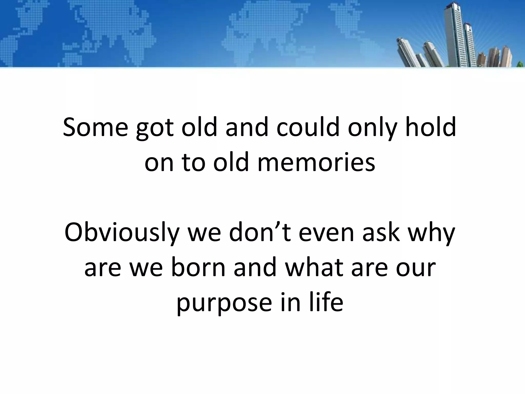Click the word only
pyautogui.click(x=371, y=129)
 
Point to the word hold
pyautogui.click(x=432, y=127)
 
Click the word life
pyautogui.click(x=326, y=301)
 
